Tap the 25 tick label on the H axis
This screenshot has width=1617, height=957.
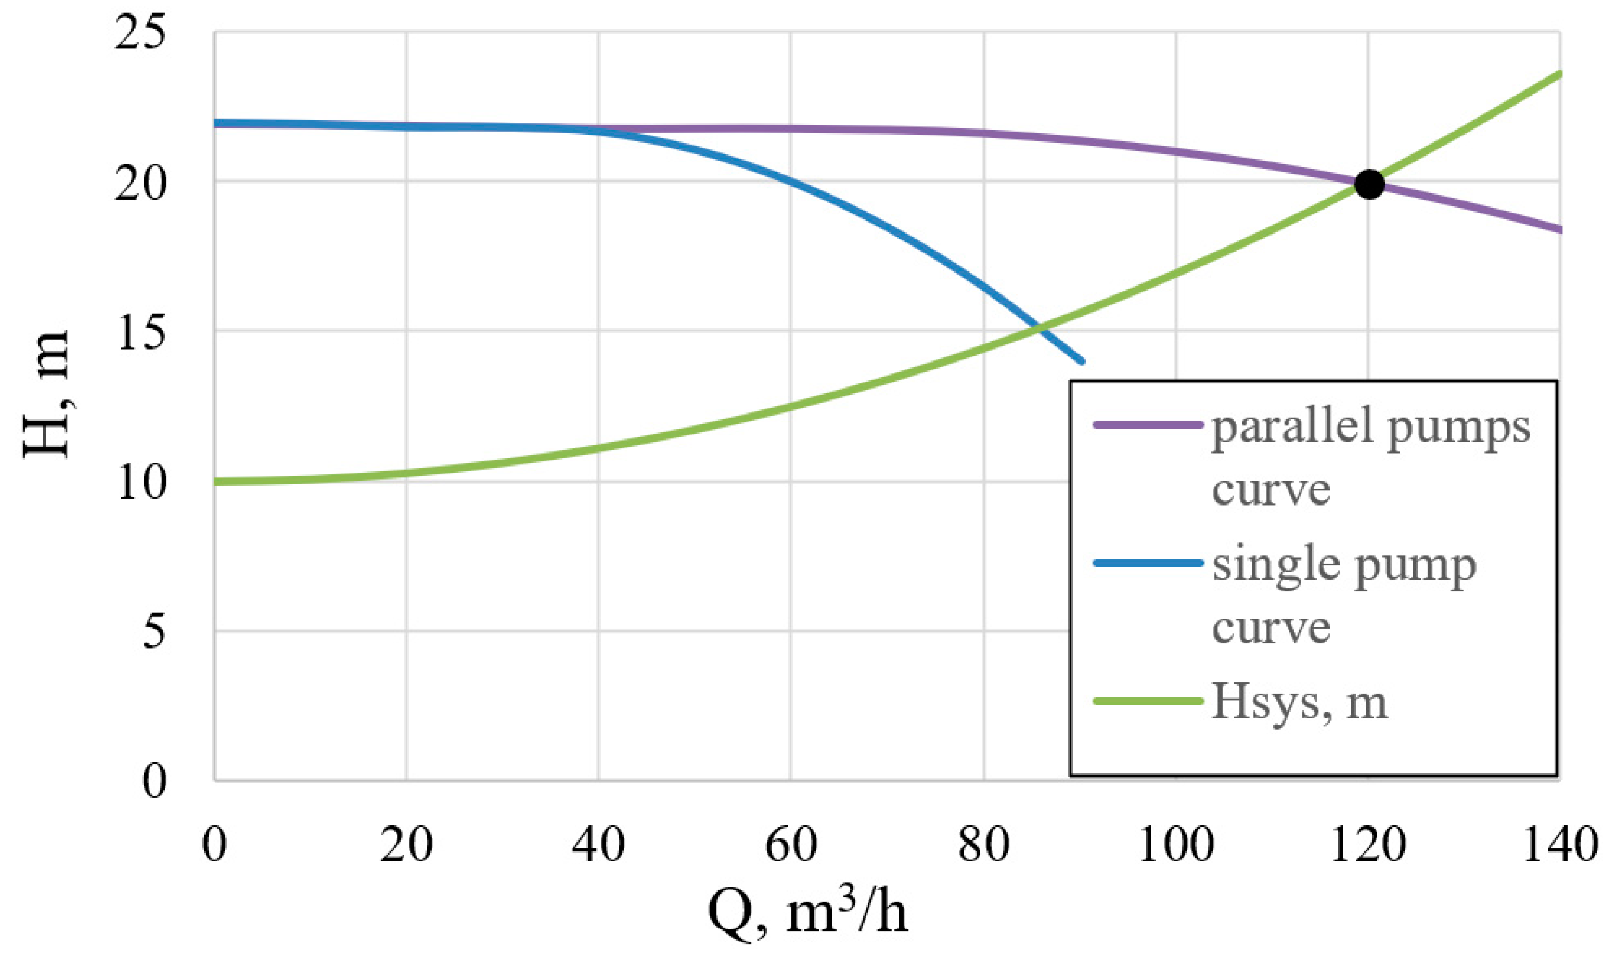139,33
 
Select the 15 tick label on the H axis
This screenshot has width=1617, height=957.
139,333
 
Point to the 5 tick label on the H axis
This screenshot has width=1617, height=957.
153,632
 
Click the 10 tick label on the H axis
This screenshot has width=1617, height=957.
140,483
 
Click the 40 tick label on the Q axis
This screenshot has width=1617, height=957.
598,845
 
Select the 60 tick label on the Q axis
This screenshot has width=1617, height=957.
791,845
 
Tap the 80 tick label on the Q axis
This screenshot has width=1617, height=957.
984,845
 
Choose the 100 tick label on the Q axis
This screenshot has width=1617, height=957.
1176,845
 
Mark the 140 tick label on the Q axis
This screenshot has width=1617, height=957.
1560,845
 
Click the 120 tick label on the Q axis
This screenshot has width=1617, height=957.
1368,845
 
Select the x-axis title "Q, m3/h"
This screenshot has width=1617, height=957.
807,914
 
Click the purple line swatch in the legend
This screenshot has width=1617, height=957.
1148,425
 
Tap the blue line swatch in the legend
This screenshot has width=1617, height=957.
1148,563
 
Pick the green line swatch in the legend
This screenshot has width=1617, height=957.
1148,701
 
